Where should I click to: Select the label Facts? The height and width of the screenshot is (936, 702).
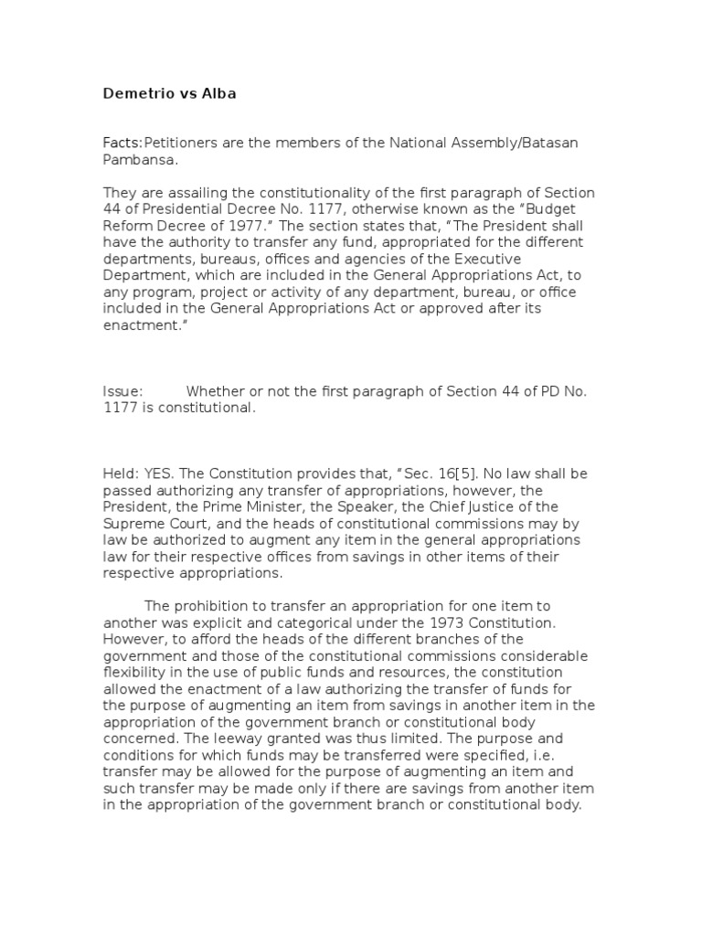122,144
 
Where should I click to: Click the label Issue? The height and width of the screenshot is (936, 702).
122,392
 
